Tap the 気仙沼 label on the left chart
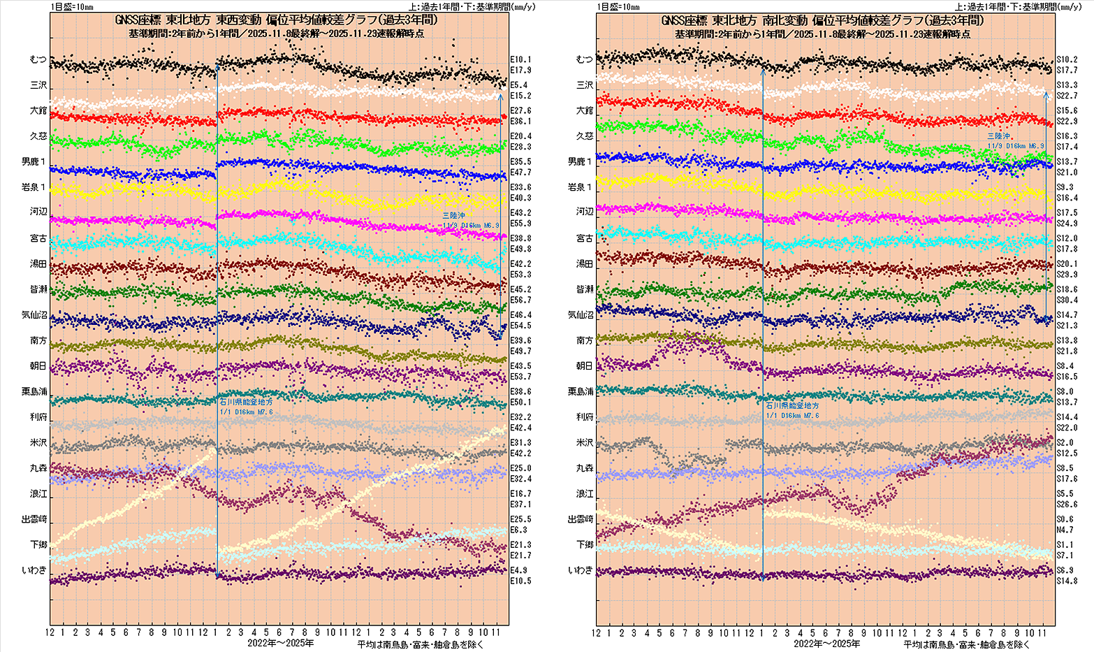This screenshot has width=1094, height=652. click(x=34, y=315)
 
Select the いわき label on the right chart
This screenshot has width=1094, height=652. click(x=581, y=570)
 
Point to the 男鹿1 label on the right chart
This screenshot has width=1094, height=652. click(x=581, y=161)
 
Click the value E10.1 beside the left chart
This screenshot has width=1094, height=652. click(x=520, y=59)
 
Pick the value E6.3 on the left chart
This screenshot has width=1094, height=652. click(x=518, y=530)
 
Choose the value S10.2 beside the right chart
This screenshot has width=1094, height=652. click(x=1066, y=59)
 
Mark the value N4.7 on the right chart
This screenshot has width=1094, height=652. click(x=1064, y=530)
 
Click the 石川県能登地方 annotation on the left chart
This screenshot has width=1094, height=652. click(x=246, y=403)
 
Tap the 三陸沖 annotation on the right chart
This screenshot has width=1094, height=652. click(x=999, y=136)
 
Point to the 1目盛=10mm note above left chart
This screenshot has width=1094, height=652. click(x=72, y=7)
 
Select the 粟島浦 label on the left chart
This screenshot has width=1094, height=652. click(x=34, y=392)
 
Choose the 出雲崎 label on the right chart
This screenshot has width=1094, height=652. click(x=581, y=519)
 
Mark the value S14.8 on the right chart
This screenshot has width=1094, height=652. click(x=1066, y=581)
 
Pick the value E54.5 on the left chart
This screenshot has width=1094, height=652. click(x=520, y=326)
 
